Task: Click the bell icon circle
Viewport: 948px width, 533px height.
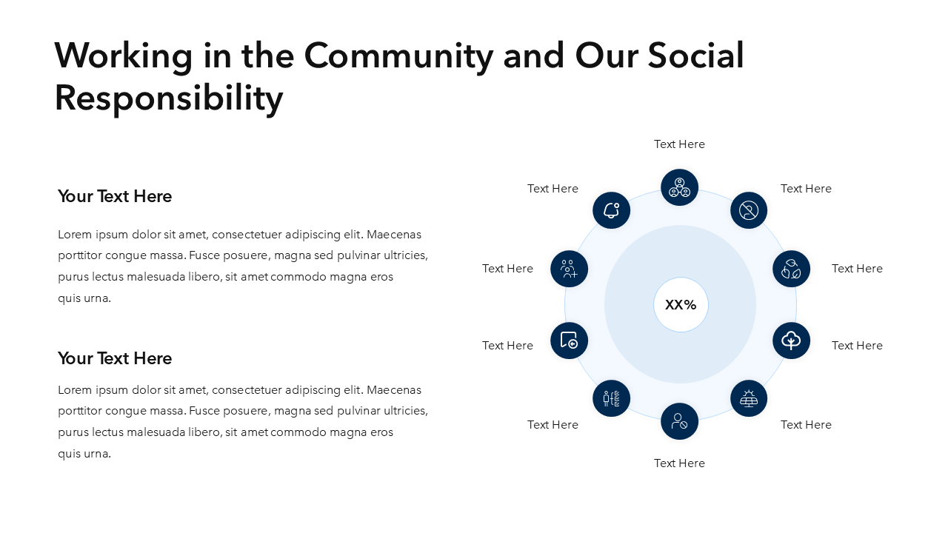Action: (x=611, y=210)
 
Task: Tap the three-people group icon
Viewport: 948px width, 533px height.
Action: (x=679, y=187)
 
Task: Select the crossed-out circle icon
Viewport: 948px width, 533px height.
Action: (x=749, y=210)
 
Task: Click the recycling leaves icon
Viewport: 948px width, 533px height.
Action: (x=791, y=269)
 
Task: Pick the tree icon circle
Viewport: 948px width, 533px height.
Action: (x=791, y=341)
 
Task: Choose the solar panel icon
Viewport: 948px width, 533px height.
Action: (x=749, y=398)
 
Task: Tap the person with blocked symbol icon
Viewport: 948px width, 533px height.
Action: (x=679, y=421)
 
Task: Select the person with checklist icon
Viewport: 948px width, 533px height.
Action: (x=611, y=398)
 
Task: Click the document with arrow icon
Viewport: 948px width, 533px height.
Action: (x=569, y=341)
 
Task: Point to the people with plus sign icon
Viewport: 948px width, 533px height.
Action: (x=569, y=269)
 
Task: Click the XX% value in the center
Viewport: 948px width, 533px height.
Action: (x=681, y=304)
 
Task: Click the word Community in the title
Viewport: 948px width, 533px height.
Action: (x=398, y=56)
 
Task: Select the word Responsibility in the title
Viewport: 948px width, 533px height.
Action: (x=169, y=98)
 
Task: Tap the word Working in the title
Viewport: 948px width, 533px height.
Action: (x=124, y=56)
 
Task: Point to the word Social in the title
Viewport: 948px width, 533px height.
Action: (x=695, y=56)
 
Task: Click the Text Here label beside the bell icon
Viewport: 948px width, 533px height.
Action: (x=553, y=189)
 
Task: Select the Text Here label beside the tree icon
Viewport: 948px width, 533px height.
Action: (x=857, y=346)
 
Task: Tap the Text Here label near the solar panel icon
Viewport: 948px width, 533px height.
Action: (x=806, y=425)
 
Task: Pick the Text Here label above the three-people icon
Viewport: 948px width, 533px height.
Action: (x=679, y=144)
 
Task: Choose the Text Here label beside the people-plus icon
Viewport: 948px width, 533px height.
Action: (x=507, y=269)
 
